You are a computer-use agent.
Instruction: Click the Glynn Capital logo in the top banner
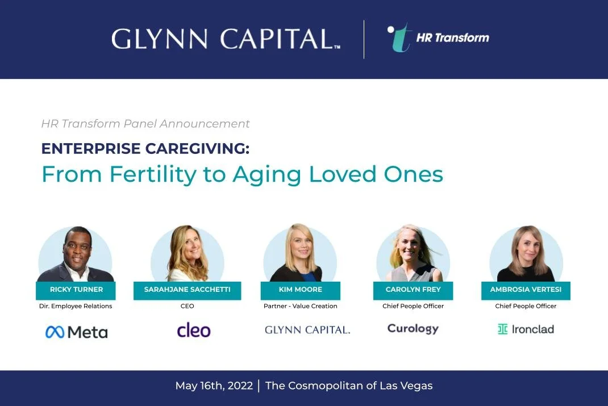[x=226, y=39]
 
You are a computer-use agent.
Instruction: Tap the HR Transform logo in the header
[x=438, y=38]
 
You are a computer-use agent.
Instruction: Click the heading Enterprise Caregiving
[x=145, y=149]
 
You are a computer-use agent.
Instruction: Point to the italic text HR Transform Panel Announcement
[x=145, y=124]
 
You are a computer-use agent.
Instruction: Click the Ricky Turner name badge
[x=76, y=290]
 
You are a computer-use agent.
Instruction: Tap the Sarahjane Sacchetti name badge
[x=187, y=290]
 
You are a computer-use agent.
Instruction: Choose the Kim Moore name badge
[x=300, y=290]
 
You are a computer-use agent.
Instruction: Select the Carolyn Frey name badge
[x=413, y=290]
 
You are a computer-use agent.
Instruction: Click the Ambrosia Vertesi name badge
[x=526, y=290]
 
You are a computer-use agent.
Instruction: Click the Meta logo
[x=76, y=332]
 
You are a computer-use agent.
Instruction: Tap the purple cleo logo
[x=194, y=330]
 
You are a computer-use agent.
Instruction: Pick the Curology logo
[x=413, y=329]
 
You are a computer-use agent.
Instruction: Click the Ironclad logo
[x=526, y=329]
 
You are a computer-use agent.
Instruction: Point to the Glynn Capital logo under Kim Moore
[x=307, y=330]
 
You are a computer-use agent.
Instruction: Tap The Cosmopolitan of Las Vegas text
[x=349, y=386]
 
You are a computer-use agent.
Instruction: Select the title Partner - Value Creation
[x=301, y=306]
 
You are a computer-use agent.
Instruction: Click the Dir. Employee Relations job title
[x=76, y=306]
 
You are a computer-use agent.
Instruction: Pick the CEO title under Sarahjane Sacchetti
[x=187, y=306]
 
